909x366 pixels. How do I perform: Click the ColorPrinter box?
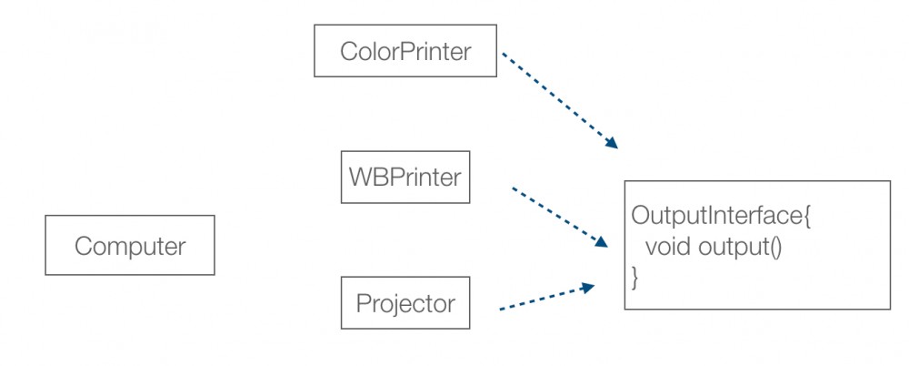405,51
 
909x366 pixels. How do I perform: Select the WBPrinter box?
405,178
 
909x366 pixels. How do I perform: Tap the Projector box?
405,302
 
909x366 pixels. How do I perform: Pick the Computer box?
130,245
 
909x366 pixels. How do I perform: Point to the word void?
667,247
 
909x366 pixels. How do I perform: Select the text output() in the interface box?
741,248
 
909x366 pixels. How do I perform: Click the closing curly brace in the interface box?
634,279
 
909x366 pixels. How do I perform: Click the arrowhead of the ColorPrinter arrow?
611,142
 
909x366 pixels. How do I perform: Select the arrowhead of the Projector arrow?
588,287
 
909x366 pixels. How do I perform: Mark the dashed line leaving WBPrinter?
560,218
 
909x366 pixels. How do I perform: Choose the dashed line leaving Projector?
547,297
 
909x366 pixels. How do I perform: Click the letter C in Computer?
84,246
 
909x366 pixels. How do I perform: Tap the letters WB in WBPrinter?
367,178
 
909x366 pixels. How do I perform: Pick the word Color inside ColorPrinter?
369,51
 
